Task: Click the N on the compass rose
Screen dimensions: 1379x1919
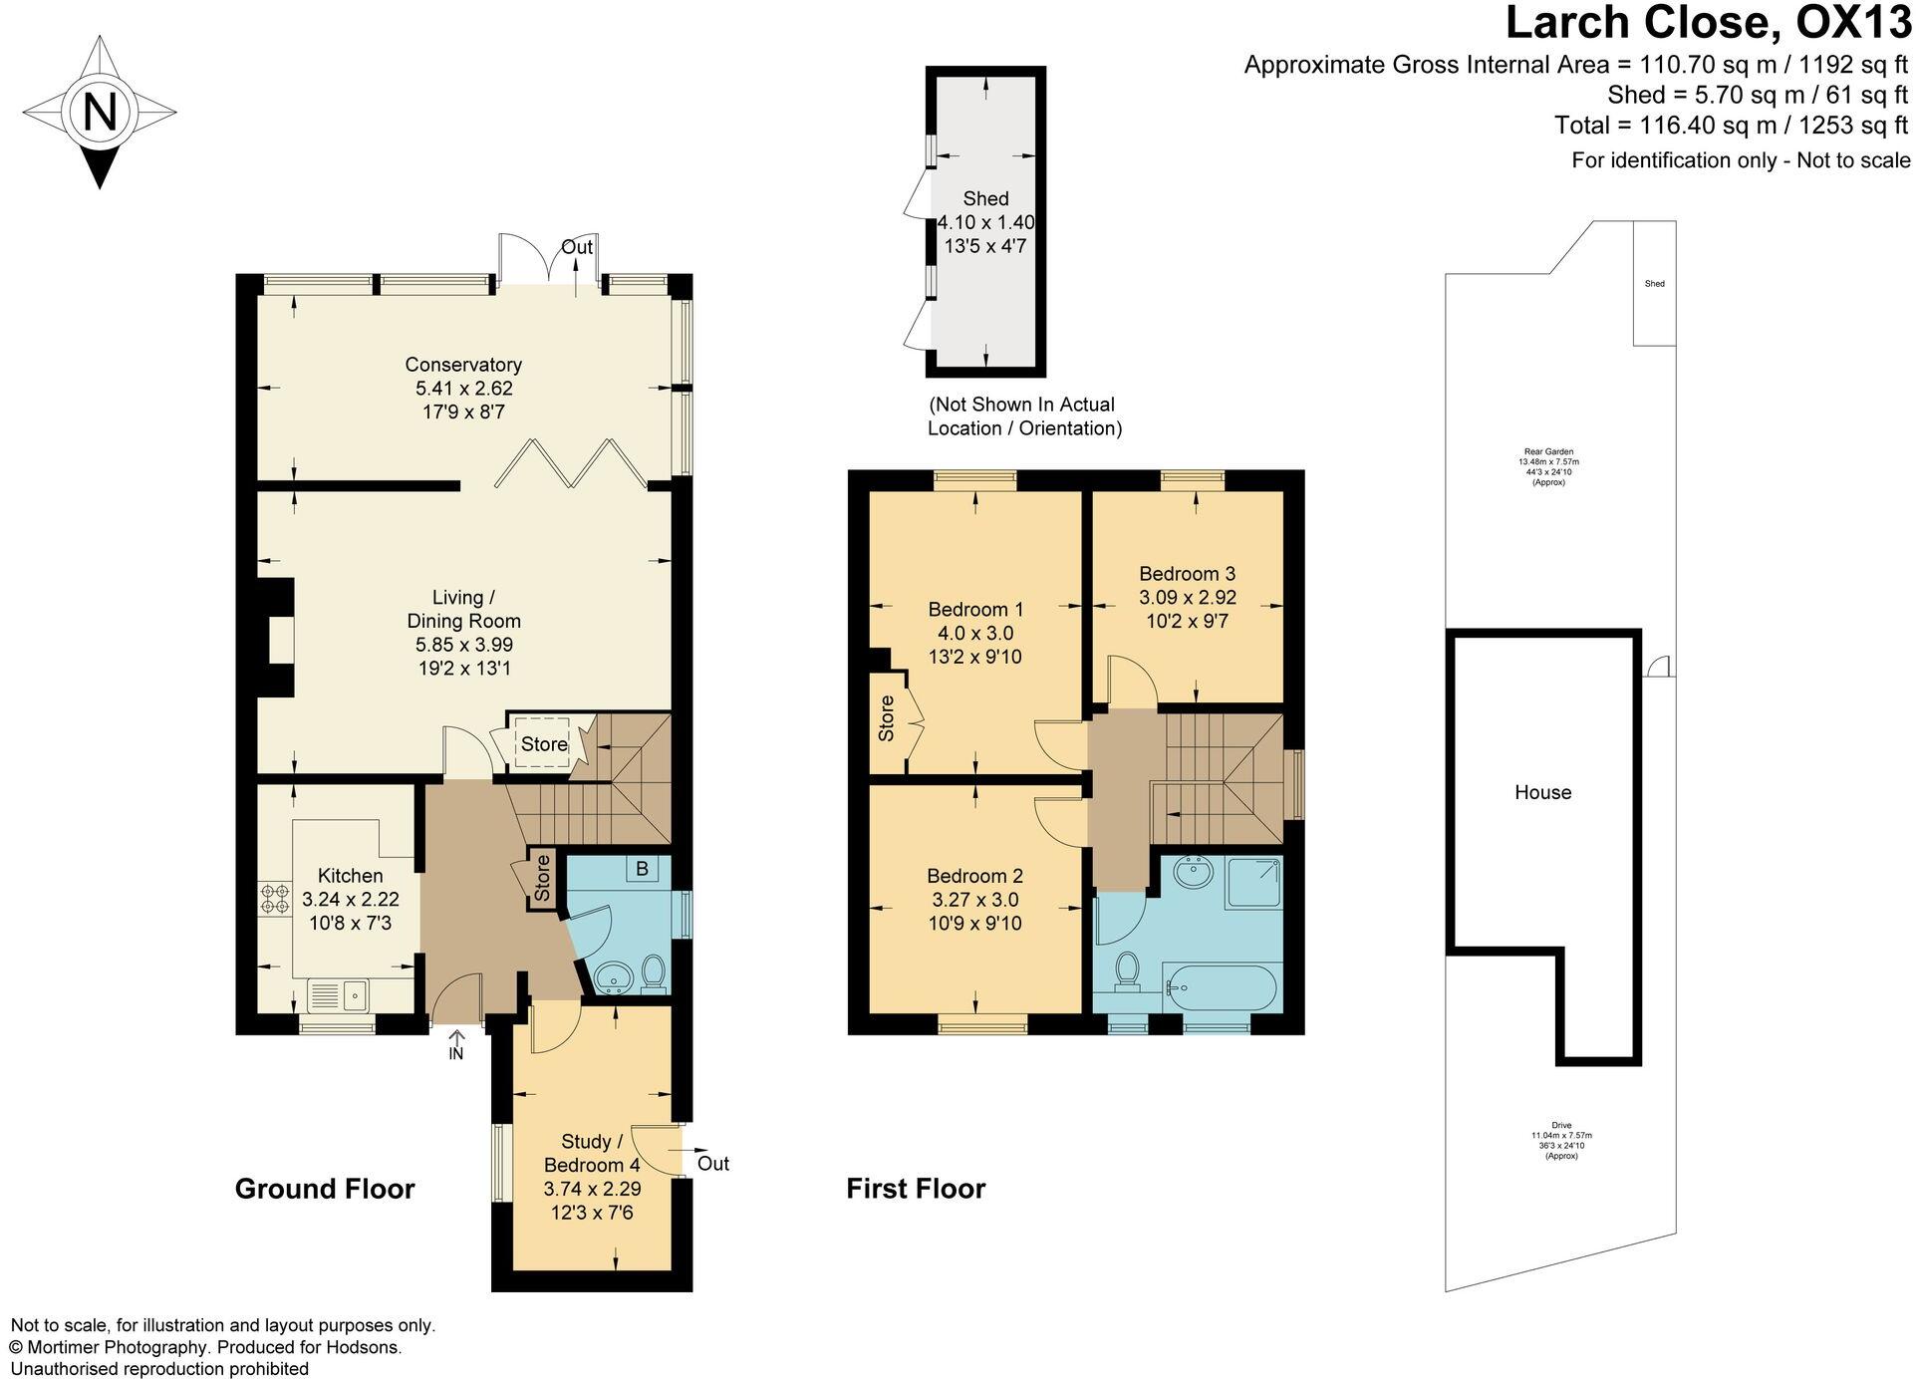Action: (100, 112)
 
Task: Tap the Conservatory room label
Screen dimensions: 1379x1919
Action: (463, 365)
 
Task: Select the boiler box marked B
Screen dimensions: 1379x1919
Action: (642, 869)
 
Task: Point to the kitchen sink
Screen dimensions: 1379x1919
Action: (340, 993)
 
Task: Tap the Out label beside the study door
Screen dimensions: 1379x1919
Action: (712, 1164)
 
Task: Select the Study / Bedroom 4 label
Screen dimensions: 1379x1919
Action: (592, 1153)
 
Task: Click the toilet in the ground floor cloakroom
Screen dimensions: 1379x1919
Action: (654, 971)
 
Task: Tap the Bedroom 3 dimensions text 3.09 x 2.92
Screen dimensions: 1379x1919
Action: (1188, 598)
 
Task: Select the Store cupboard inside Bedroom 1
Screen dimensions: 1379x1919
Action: (886, 717)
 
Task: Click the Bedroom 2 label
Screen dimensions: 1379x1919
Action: (974, 876)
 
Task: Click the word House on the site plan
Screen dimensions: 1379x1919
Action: (1542, 792)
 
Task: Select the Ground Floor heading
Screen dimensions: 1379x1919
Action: (325, 1189)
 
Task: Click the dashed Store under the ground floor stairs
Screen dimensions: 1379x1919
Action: (543, 742)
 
